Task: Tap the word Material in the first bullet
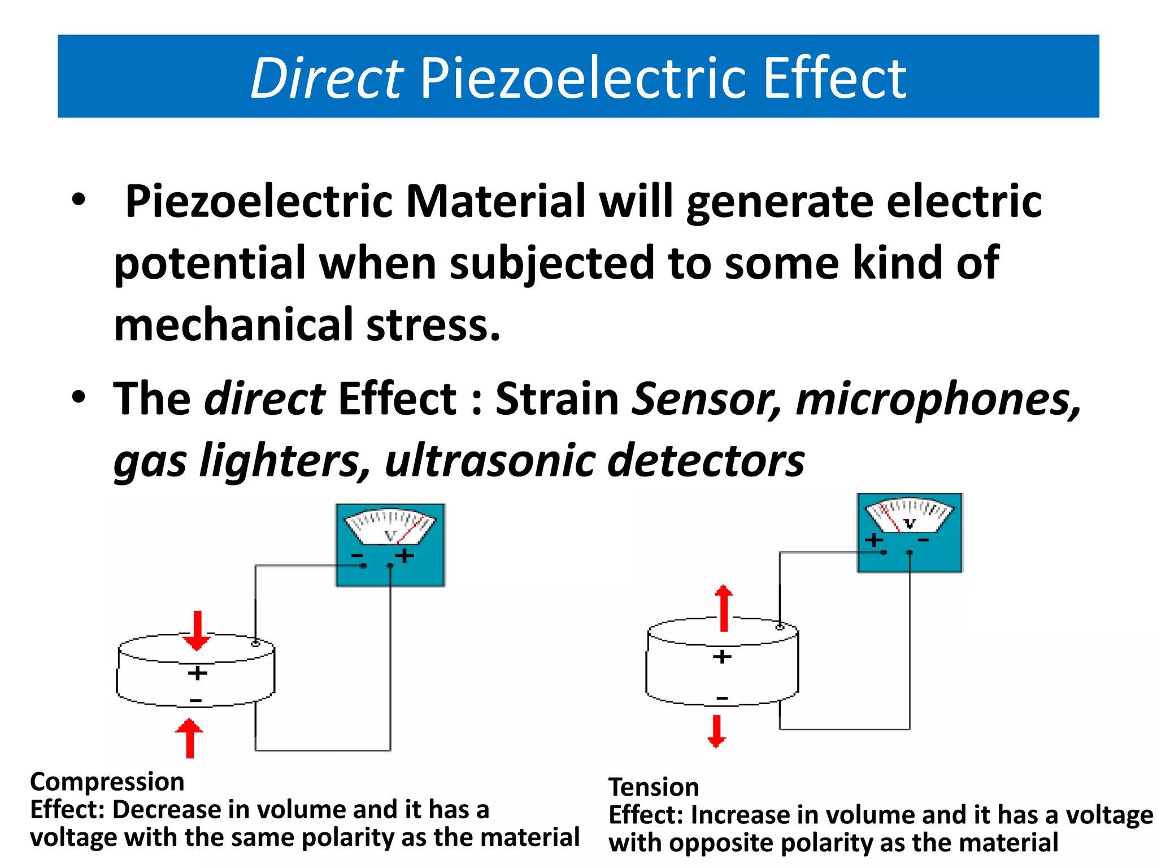(496, 202)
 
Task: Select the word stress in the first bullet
(433, 325)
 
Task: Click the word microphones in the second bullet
(938, 399)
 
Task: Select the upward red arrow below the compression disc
(189, 738)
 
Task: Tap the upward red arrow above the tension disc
(724, 608)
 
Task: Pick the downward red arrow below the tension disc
(716, 731)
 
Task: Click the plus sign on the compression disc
(197, 673)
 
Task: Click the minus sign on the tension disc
(722, 698)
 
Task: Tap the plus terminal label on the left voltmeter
(404, 556)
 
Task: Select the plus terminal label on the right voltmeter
(874, 540)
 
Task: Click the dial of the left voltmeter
(390, 526)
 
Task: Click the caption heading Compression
(107, 782)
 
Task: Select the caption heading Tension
(654, 787)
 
